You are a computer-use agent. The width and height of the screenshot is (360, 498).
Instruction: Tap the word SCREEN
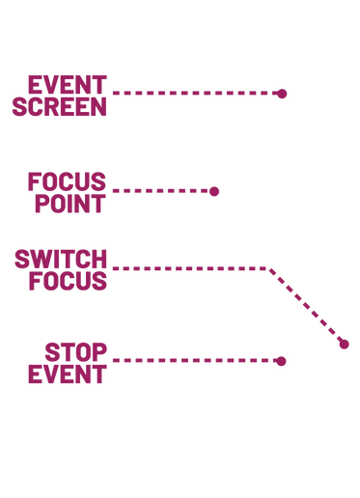59,105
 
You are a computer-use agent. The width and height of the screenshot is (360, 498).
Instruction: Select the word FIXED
67,180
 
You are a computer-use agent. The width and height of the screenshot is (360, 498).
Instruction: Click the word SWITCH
60,258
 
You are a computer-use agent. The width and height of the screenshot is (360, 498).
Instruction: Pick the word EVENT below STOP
67,373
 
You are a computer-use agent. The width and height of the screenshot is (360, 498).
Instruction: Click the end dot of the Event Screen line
282,94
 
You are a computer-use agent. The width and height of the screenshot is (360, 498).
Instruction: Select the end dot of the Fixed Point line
214,191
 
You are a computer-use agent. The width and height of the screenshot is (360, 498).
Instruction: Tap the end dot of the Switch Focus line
345,345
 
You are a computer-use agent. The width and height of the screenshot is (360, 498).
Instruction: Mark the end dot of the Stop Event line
281,361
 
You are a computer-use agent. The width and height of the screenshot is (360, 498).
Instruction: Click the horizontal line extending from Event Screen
193,94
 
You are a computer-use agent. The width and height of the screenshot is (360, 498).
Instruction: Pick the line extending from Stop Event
193,361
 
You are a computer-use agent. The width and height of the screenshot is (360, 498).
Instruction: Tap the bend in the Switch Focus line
270,267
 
